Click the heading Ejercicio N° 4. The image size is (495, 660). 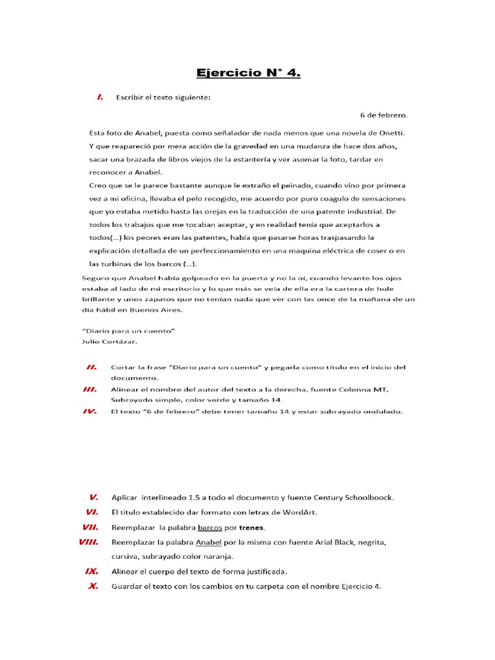tap(248, 73)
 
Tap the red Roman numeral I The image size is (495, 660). tap(100, 97)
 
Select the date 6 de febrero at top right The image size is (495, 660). tap(383, 115)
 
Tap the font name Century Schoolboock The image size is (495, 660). tap(353, 498)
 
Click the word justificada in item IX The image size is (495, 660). tap(264, 572)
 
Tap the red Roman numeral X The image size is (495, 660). tap(93, 587)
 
